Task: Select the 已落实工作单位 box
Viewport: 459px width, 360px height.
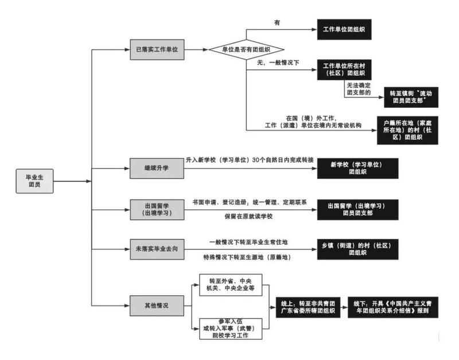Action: click(x=157, y=50)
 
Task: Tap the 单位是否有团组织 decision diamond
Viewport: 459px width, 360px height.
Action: click(x=247, y=50)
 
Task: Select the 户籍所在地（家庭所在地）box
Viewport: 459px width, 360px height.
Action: click(x=411, y=130)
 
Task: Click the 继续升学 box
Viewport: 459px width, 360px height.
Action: click(x=157, y=169)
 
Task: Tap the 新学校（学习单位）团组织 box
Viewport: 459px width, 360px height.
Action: click(x=356, y=168)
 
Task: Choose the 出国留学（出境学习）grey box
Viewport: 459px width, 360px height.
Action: click(x=157, y=209)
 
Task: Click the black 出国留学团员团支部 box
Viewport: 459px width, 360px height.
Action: click(x=356, y=209)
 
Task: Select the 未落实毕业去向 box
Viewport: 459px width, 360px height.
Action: click(x=157, y=249)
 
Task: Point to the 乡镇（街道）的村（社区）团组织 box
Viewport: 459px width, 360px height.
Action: click(x=356, y=248)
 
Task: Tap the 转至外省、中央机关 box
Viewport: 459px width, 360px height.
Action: click(x=231, y=284)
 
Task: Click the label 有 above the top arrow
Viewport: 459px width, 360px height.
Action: click(x=277, y=22)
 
